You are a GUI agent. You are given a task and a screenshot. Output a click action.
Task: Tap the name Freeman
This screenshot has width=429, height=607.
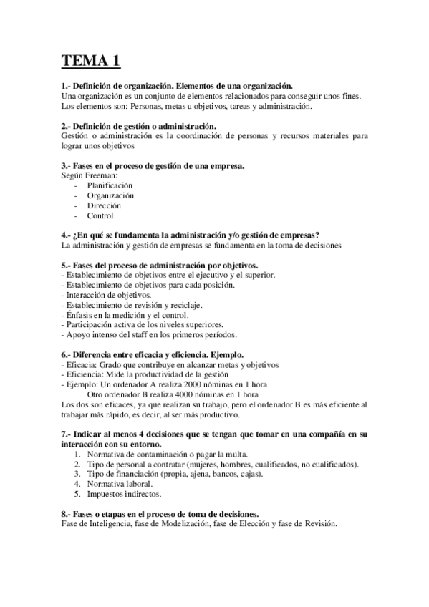tap(100, 175)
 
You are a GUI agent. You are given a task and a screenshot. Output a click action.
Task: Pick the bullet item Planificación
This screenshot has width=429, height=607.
tap(110, 185)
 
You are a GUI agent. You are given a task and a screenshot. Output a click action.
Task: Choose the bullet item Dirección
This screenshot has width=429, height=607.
tap(104, 205)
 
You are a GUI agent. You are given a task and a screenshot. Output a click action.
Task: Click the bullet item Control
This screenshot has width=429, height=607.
tap(100, 215)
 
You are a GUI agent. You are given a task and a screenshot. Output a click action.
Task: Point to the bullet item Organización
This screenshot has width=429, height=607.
tap(110, 195)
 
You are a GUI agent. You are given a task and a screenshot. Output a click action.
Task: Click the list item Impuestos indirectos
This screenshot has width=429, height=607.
tap(124, 494)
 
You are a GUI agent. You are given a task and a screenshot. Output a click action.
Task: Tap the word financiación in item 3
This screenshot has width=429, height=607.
tap(147, 474)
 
